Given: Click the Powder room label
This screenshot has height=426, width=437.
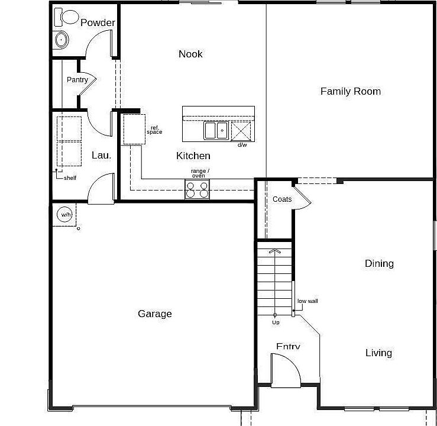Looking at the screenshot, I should pyautogui.click(x=98, y=23).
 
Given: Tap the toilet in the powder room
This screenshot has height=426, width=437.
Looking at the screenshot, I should pyautogui.click(x=67, y=18).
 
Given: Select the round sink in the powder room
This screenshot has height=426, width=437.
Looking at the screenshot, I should pyautogui.click(x=60, y=40).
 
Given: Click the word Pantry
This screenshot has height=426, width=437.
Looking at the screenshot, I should pyautogui.click(x=77, y=80).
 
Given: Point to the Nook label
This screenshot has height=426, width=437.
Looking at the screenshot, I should pyautogui.click(x=190, y=54).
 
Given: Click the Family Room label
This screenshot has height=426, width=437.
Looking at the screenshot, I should pyautogui.click(x=350, y=91).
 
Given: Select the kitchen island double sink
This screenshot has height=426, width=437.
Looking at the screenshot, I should pyautogui.click(x=216, y=130).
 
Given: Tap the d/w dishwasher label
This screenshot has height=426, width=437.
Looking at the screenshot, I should pyautogui.click(x=242, y=145).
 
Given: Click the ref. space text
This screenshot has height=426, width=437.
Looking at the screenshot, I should pyautogui.click(x=155, y=130).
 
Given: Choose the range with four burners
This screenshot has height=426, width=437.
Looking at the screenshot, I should pyautogui.click(x=197, y=189).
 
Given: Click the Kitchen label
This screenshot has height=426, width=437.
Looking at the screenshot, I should pyautogui.click(x=193, y=156).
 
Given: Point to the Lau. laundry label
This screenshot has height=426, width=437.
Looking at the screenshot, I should pyautogui.click(x=101, y=155).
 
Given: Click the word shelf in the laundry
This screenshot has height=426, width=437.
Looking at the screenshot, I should pyautogui.click(x=70, y=177).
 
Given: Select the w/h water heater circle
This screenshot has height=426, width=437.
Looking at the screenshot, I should pyautogui.click(x=64, y=215).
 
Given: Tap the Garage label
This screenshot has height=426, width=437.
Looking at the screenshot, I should pyautogui.click(x=155, y=314).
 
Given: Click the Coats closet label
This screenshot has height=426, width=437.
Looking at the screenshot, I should pyautogui.click(x=282, y=199).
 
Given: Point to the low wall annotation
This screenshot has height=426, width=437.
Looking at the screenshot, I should pyautogui.click(x=307, y=301).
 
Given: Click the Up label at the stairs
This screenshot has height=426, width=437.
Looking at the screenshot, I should pyautogui.click(x=276, y=322).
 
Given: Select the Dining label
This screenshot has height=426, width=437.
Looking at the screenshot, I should pyautogui.click(x=379, y=264).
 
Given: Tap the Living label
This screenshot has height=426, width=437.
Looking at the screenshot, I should pyautogui.click(x=378, y=353).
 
